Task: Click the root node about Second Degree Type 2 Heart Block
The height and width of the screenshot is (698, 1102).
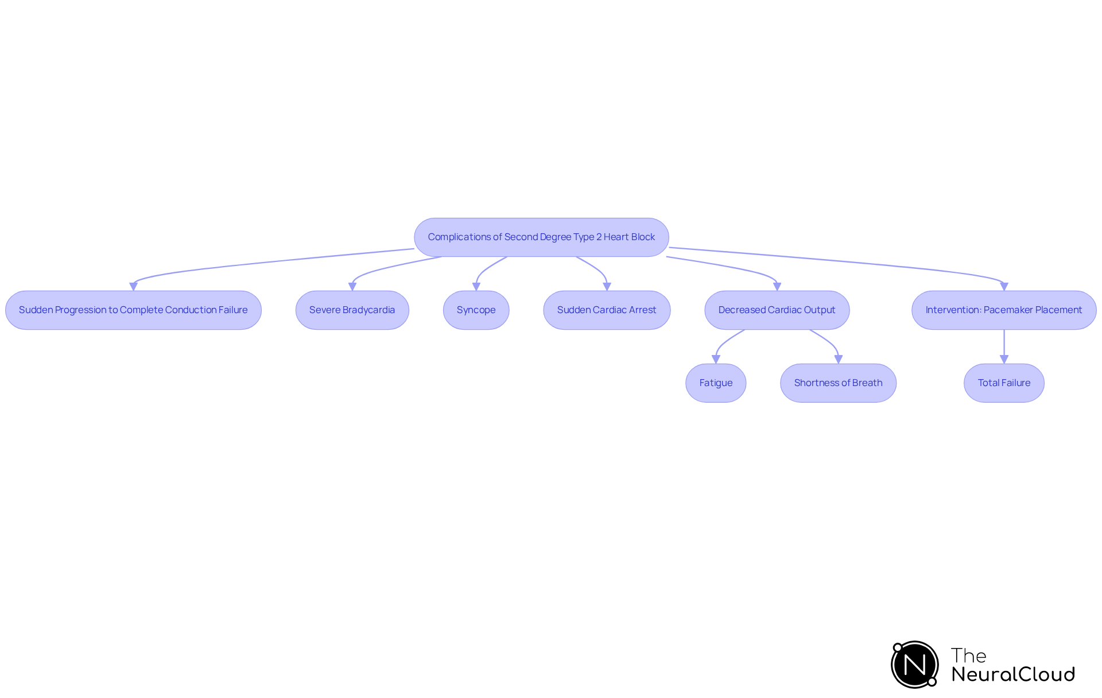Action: [541, 237]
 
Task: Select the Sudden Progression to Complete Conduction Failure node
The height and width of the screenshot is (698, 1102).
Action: [133, 310]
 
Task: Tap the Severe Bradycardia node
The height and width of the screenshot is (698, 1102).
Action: [352, 310]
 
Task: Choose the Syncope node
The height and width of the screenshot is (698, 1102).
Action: [476, 310]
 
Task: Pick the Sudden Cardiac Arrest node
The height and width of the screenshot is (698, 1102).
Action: [607, 310]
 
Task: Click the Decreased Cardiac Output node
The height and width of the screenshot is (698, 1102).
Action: [777, 310]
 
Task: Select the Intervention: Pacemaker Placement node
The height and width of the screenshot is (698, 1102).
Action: [1003, 310]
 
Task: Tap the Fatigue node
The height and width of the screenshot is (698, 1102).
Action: [716, 383]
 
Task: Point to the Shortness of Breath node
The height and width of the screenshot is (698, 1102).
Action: [838, 383]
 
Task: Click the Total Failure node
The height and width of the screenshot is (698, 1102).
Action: [1004, 383]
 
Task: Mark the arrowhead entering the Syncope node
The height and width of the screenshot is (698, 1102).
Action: [476, 287]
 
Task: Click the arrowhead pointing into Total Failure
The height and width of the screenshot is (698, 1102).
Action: [1004, 359]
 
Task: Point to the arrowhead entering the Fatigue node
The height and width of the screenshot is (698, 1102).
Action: [716, 359]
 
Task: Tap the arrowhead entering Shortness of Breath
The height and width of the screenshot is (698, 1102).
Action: [839, 359]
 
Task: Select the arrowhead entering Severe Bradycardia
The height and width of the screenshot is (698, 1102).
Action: [352, 287]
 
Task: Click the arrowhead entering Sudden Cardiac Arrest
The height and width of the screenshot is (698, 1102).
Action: [607, 287]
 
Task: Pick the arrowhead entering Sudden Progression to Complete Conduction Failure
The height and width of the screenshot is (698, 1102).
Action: [133, 286]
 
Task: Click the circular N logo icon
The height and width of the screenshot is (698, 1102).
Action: [915, 665]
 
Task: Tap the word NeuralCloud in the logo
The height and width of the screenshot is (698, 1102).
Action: [1013, 674]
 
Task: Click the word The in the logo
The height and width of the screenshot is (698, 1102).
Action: [968, 655]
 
